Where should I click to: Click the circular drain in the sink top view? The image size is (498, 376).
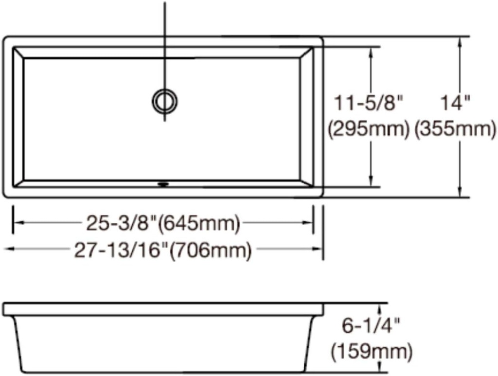164,101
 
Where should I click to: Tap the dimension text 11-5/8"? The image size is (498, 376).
369,103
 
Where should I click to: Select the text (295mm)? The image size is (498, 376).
369,129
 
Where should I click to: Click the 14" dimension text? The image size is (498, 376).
456,103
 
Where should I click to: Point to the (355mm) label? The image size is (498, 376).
456,129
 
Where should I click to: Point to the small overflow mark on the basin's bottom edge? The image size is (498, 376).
164,184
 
